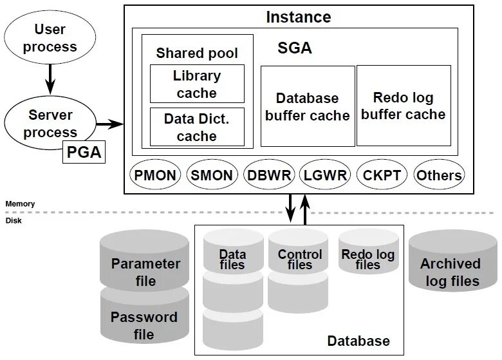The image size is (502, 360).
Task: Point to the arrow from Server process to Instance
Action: (x=109, y=124)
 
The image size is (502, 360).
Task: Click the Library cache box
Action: (x=197, y=84)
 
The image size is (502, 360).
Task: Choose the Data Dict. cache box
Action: (x=197, y=127)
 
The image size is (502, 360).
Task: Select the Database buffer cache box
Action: (x=308, y=106)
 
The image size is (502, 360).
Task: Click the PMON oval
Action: (x=156, y=175)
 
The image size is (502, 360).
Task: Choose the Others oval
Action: (x=439, y=175)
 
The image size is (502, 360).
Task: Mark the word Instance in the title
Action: (x=299, y=17)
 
